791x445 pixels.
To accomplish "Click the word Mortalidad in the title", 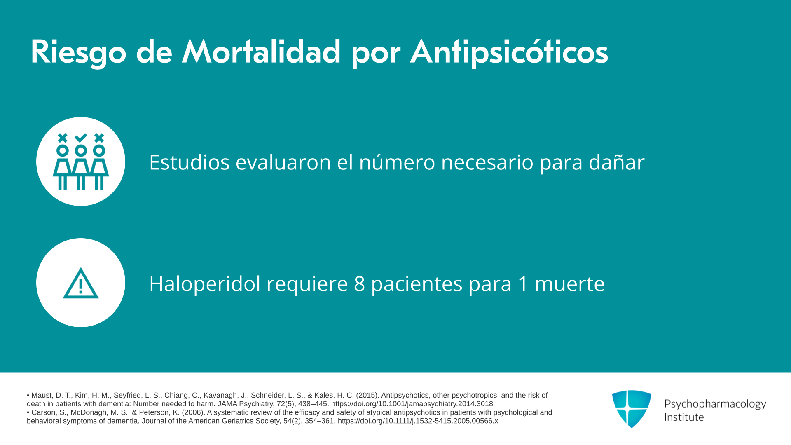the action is (261, 52).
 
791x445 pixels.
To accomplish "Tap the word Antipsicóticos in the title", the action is (509, 53).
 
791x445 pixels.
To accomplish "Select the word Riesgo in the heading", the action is (78, 53).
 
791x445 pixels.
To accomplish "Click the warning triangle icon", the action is (81, 283).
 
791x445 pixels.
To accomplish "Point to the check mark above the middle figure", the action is (81, 137).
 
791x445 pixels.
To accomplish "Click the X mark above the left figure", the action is (63, 138).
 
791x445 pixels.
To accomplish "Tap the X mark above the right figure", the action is (99, 138).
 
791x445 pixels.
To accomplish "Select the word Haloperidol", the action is (205, 284).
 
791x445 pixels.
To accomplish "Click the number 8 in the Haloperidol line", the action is (359, 284).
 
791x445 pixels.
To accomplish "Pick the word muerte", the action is (569, 284).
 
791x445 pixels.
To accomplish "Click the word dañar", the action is (616, 162).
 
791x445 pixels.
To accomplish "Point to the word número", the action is (397, 162).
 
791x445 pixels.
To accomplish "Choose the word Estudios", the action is (189, 162).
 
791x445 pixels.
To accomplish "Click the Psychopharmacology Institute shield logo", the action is (632, 409).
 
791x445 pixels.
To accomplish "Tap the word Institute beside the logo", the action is (684, 417).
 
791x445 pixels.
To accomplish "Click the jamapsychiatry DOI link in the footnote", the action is (412, 404).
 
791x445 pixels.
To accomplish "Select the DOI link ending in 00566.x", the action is (418, 421).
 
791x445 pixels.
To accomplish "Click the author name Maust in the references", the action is (42, 396).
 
